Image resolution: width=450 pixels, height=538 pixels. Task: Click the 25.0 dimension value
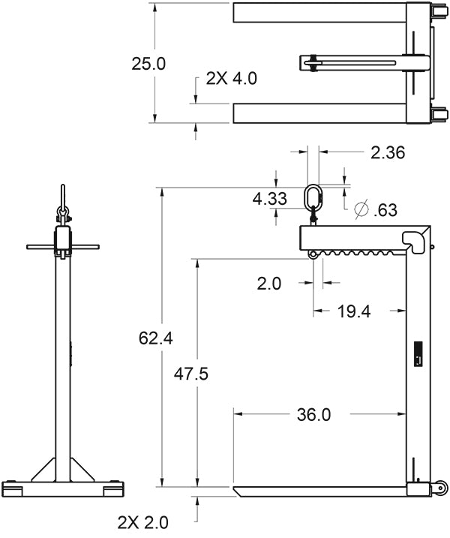tap(148, 64)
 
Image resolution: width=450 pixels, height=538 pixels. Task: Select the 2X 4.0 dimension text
tap(231, 78)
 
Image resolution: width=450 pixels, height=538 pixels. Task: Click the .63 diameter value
tap(385, 210)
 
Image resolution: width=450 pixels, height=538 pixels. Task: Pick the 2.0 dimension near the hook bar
tap(268, 284)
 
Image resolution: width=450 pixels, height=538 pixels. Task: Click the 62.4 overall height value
tap(156, 338)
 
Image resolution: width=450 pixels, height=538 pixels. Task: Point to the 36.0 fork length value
tap(313, 413)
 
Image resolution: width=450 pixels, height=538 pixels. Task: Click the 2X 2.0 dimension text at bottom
tap(142, 521)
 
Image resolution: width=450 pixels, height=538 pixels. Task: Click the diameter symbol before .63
tap(361, 208)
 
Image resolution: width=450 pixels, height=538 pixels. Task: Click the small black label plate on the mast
tap(418, 353)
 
